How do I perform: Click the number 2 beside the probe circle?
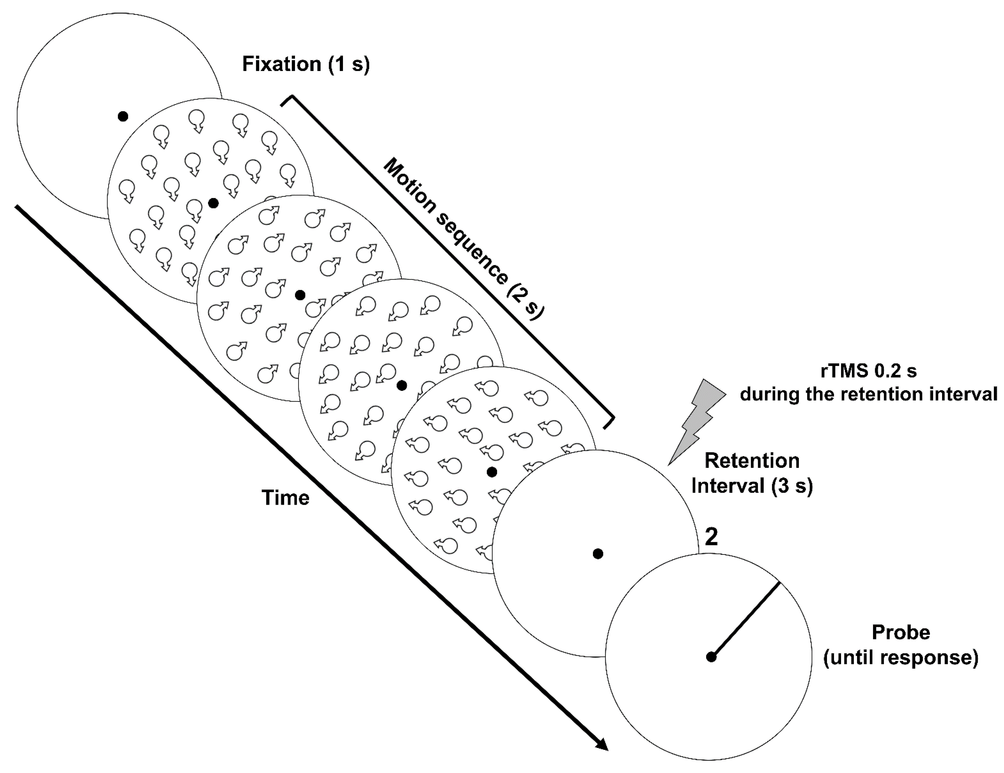pyautogui.click(x=711, y=537)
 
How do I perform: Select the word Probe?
pyautogui.click(x=901, y=633)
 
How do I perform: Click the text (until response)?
pyautogui.click(x=901, y=658)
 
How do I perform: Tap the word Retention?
pyautogui.click(x=752, y=461)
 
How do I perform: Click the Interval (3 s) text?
pyautogui.click(x=752, y=486)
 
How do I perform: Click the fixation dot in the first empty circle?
pyautogui.click(x=123, y=116)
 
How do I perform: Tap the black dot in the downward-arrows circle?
pyautogui.click(x=213, y=203)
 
